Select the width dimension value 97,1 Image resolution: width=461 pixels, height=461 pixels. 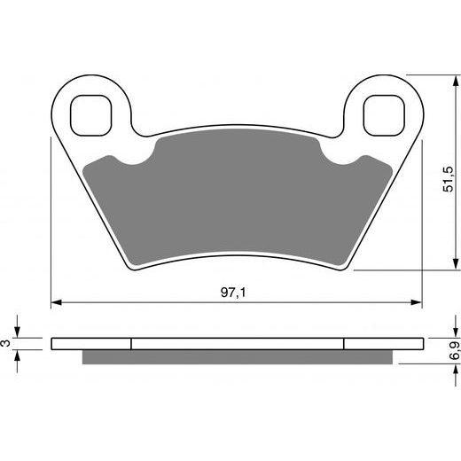point(236,291)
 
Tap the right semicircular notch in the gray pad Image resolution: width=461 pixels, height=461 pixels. point(340,160)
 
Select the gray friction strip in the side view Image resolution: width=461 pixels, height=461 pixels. point(236,357)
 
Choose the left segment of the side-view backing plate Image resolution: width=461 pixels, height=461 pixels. point(91,345)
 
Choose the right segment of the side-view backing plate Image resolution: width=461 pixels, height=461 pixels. point(382,345)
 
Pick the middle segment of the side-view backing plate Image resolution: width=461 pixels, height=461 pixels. point(237,345)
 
